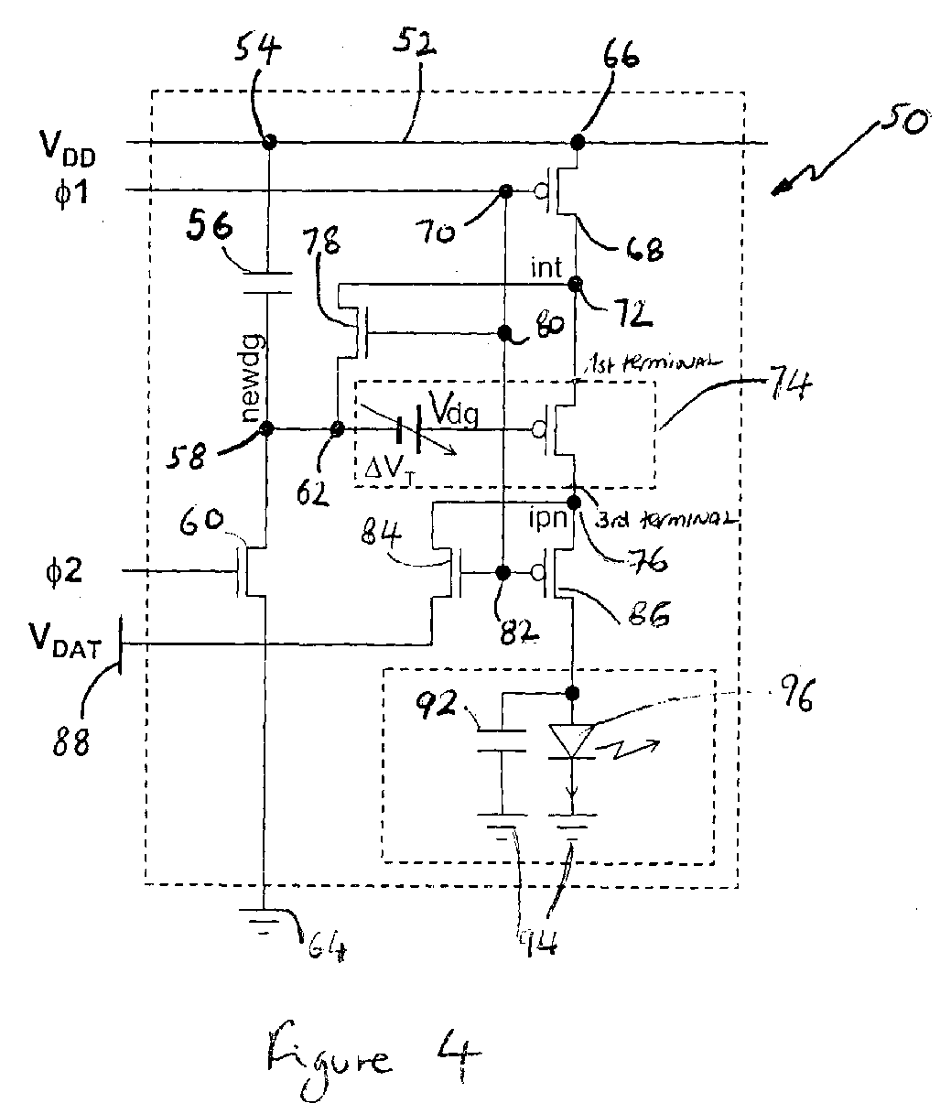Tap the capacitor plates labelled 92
tap(503, 741)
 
